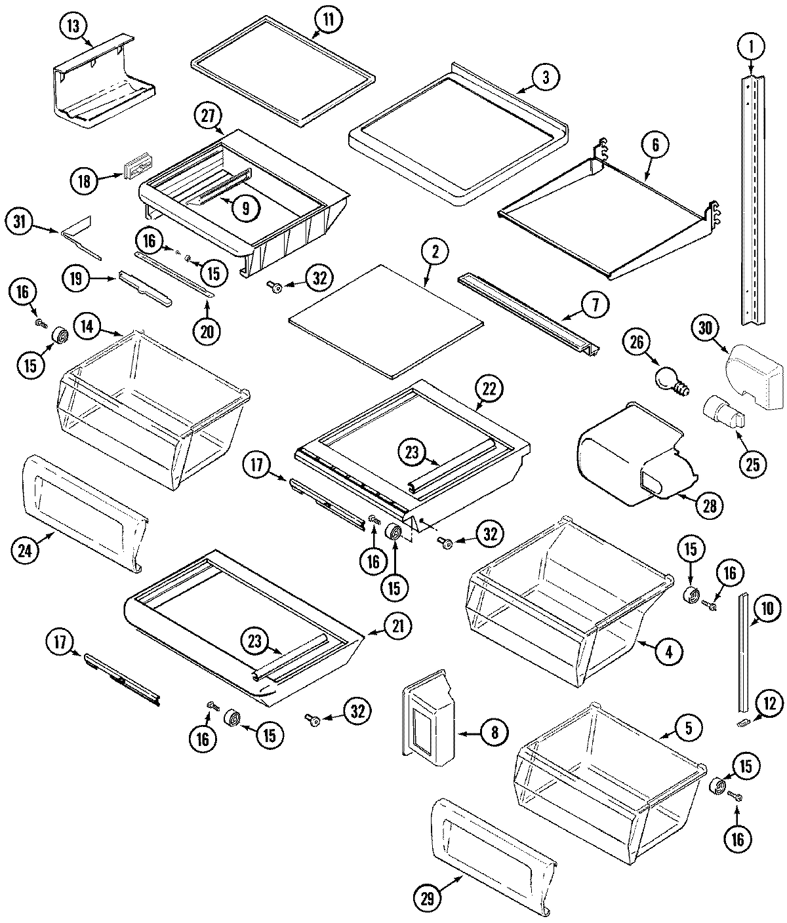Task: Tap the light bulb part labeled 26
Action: [x=669, y=379]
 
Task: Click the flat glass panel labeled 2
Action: [x=386, y=320]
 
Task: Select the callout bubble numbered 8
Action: [x=494, y=732]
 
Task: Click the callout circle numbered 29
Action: [x=428, y=899]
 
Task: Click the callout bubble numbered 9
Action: [x=244, y=208]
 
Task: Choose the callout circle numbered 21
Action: [x=397, y=627]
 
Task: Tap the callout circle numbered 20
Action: [x=207, y=332]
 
